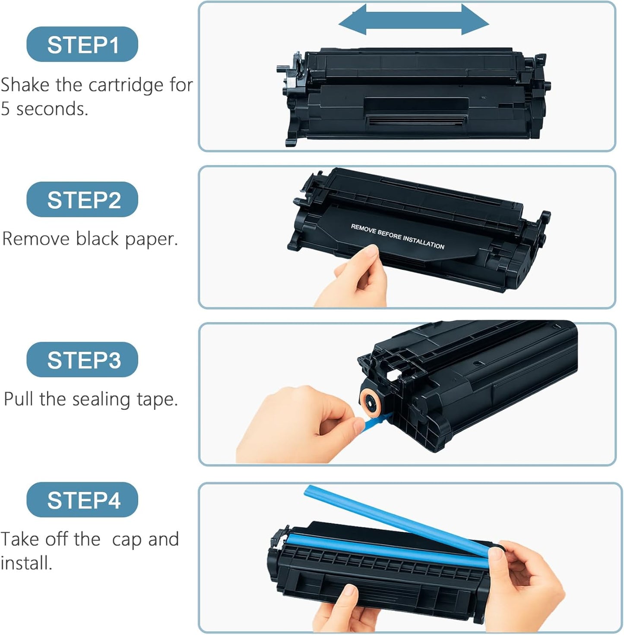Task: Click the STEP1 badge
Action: click(x=82, y=44)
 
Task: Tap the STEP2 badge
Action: click(x=82, y=200)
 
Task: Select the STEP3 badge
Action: click(x=82, y=359)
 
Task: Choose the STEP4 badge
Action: click(x=82, y=500)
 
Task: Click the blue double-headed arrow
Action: click(x=413, y=19)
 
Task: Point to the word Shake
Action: click(x=25, y=85)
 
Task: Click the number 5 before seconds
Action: click(x=5, y=109)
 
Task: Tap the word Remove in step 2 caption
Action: click(x=36, y=239)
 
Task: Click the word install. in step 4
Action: click(x=26, y=563)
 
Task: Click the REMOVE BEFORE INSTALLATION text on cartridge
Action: click(x=397, y=236)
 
